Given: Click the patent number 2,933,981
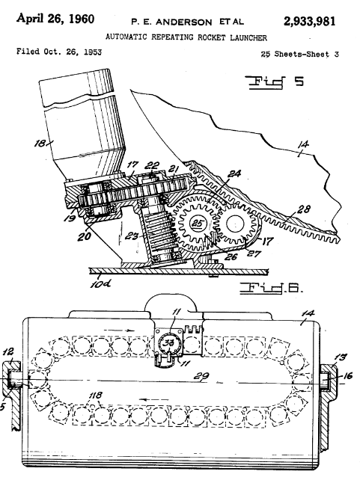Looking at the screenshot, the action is [309, 22].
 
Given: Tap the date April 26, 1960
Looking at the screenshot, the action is [55, 19].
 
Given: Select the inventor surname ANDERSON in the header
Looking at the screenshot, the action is [184, 22].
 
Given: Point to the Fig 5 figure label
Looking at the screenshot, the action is [276, 82].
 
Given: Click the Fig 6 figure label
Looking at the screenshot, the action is [272, 288].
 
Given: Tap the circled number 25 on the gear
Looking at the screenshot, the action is [198, 224].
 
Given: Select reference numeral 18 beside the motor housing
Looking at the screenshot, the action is [40, 144].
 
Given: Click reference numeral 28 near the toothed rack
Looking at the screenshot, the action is [303, 209].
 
